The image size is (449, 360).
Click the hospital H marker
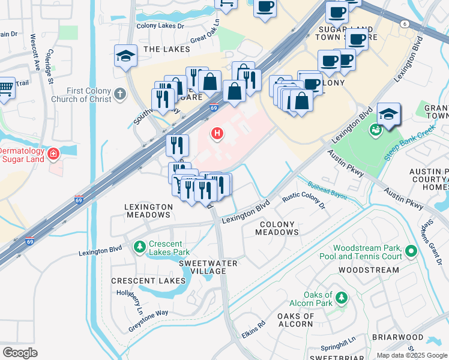pos(217,133)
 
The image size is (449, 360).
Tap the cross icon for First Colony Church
pos(121,94)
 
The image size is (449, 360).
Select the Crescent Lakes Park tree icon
pos(140,247)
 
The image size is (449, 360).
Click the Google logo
pos(20,352)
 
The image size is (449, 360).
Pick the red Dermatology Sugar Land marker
pos(54,154)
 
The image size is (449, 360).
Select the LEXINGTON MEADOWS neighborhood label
pos(148,211)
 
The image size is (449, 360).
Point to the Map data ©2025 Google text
pos(411,355)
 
